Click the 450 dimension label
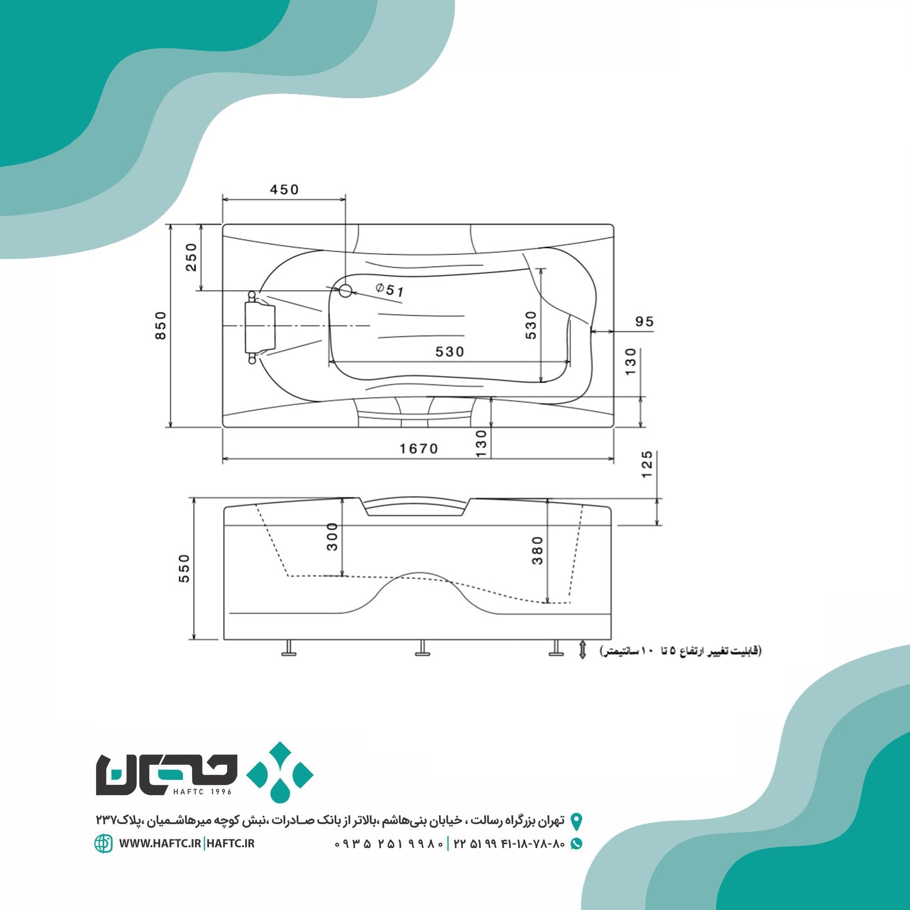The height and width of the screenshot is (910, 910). (284, 189)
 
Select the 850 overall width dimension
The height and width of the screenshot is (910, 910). (161, 325)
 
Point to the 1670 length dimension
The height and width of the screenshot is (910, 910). (419, 449)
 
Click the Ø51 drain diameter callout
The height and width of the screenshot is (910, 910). (390, 290)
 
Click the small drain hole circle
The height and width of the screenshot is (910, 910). (345, 291)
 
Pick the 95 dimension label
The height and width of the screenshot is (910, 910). (644, 321)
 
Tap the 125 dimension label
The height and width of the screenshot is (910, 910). (647, 465)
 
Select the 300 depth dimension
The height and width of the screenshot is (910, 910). (333, 536)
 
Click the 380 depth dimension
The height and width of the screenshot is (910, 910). (537, 550)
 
